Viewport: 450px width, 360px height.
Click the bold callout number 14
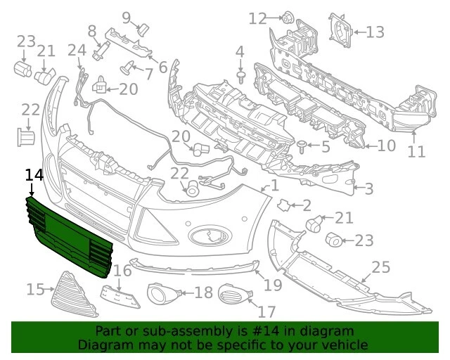tap(34, 175)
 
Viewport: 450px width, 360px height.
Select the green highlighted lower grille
tap(69, 238)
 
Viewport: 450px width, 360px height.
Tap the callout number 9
tap(127, 18)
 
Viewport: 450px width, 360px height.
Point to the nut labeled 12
tap(287, 18)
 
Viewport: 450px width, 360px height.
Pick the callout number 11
tap(416, 152)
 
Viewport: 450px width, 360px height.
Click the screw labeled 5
tap(302, 146)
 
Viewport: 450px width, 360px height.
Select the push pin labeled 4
tap(241, 77)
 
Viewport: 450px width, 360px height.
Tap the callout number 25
tap(381, 267)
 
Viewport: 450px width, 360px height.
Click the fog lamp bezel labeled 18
tap(162, 293)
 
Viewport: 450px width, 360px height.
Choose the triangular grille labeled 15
tap(73, 295)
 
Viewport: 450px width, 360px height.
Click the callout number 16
tap(123, 271)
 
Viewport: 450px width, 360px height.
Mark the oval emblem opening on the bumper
tap(210, 235)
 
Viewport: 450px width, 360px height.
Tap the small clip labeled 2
tap(284, 205)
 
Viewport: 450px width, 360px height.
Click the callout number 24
tap(77, 50)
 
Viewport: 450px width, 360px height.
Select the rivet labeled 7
tap(128, 68)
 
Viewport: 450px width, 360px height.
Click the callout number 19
tap(273, 285)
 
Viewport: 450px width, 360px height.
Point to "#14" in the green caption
tap(266, 331)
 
